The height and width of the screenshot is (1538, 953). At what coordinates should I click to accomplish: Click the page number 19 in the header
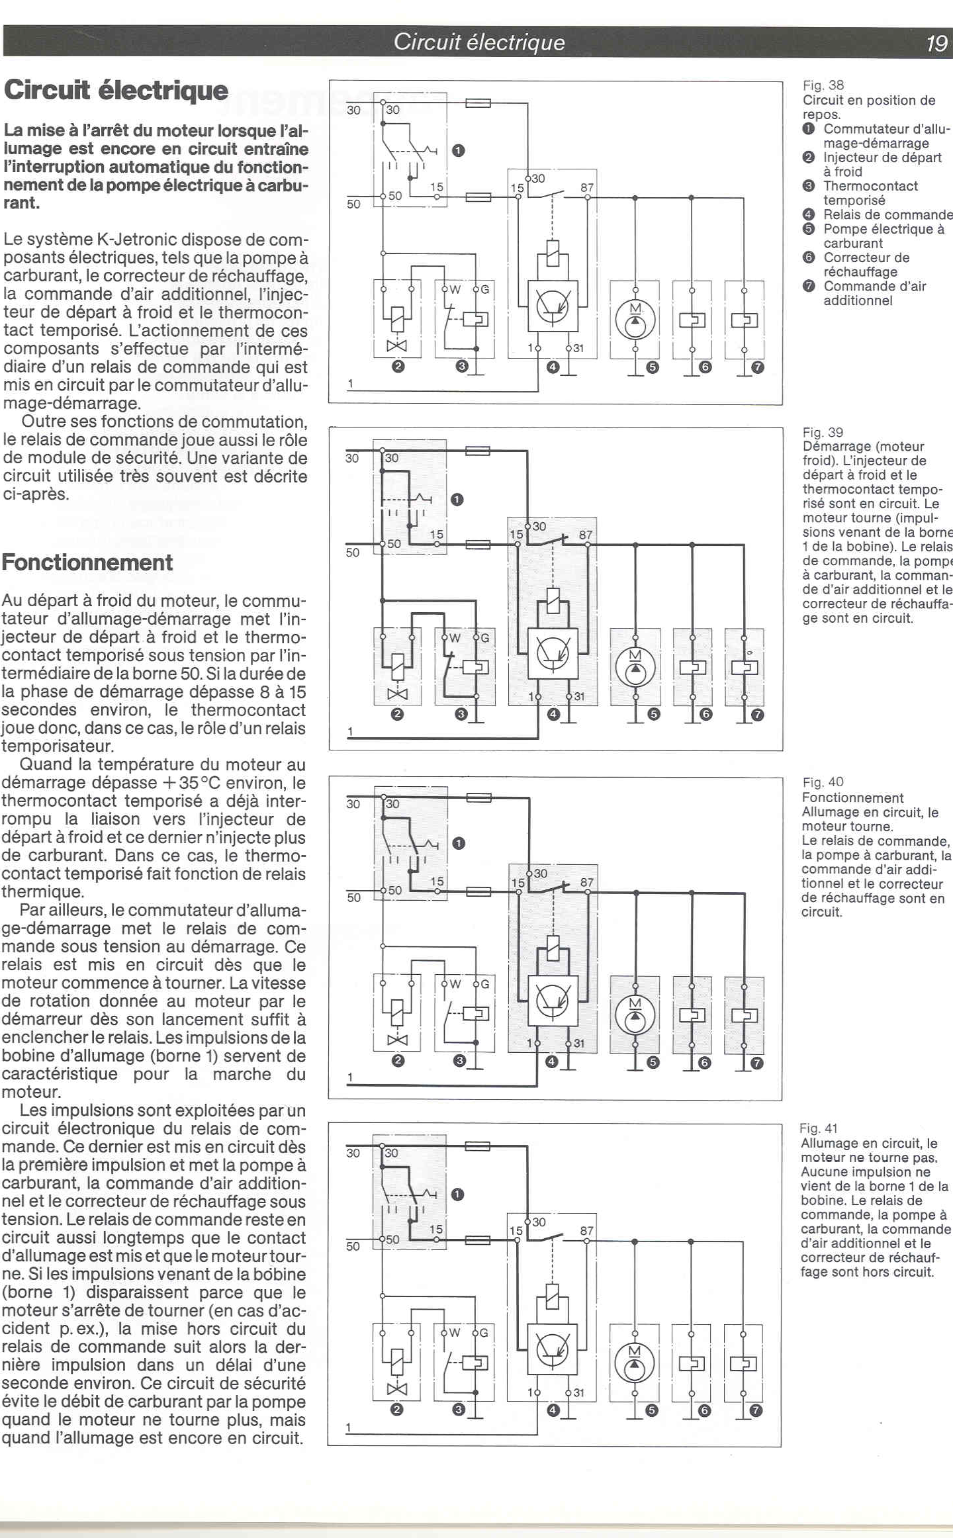(936, 43)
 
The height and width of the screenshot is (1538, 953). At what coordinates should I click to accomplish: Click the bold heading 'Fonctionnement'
(87, 563)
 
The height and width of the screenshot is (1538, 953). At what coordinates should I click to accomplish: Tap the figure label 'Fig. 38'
(823, 85)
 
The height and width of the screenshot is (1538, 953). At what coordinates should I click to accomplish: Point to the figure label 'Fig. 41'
(819, 1128)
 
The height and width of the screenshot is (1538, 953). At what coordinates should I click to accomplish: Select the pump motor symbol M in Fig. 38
(635, 320)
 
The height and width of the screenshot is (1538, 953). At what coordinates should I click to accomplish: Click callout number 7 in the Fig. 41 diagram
(756, 1411)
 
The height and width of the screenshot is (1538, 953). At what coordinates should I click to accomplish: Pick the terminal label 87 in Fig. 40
(586, 882)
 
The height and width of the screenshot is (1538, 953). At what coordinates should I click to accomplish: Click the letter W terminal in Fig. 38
(455, 289)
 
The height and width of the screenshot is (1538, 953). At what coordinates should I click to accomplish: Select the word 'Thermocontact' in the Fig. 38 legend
(870, 186)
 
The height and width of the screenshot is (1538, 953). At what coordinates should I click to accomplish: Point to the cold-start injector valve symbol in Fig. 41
(396, 1389)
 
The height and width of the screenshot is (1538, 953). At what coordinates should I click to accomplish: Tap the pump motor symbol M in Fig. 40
(635, 1015)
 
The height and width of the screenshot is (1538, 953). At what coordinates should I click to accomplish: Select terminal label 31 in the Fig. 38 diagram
(578, 348)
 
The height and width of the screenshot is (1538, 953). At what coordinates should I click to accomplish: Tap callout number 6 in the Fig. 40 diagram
(704, 1063)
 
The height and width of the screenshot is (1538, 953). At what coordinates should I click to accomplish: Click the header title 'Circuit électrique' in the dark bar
(479, 42)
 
